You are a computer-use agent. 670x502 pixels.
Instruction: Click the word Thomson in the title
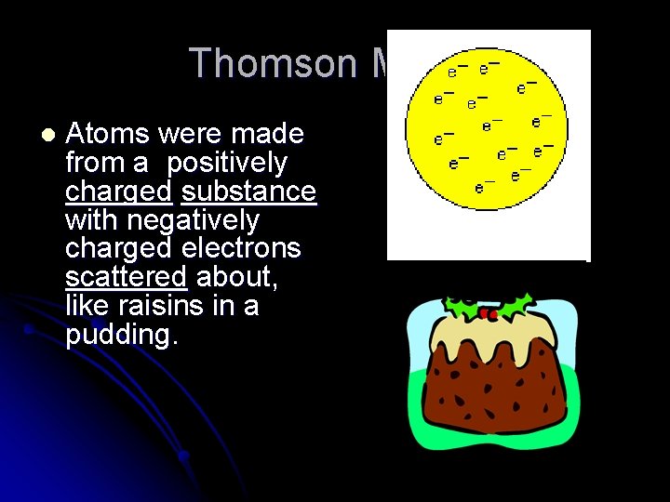click(273, 64)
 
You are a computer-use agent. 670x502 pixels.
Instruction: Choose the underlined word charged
click(118, 192)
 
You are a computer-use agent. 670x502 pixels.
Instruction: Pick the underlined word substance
click(248, 192)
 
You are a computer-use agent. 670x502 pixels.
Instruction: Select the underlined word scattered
click(126, 278)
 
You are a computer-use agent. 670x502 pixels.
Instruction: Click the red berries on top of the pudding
click(486, 314)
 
